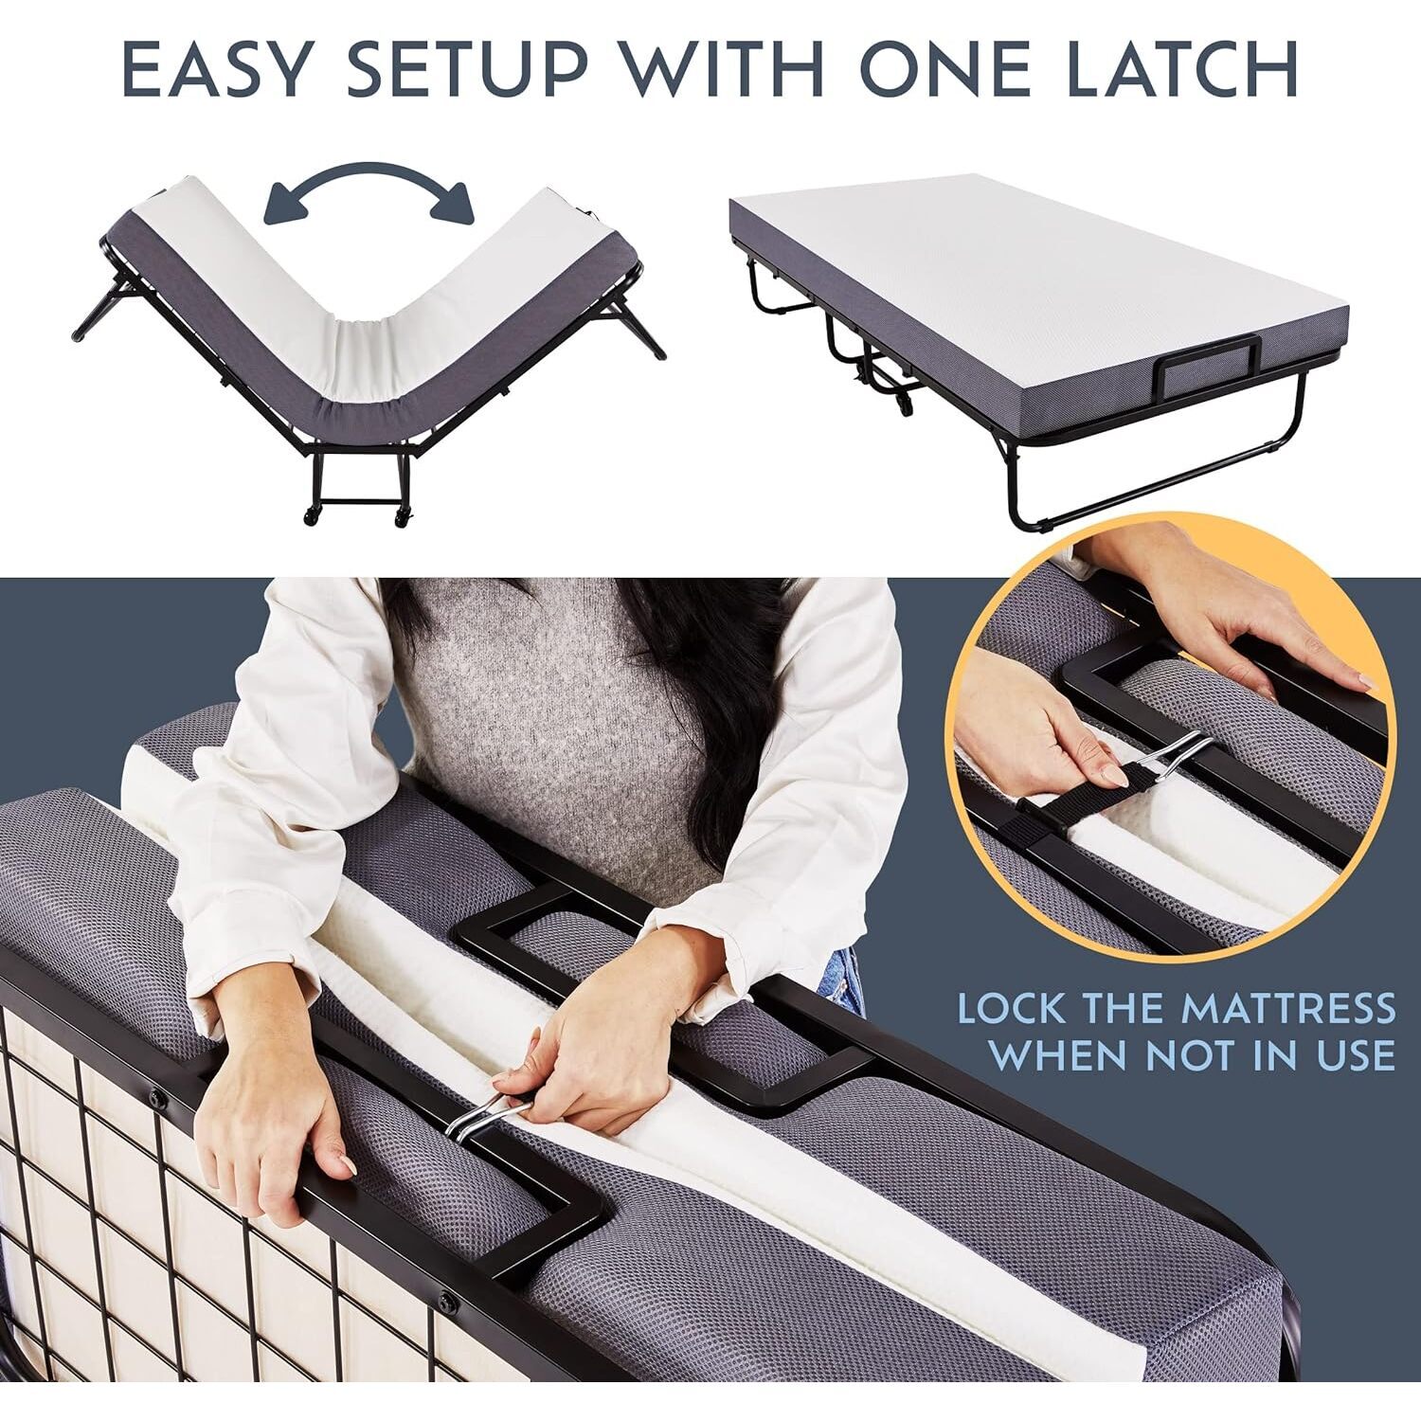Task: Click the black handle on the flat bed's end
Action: [1207, 368]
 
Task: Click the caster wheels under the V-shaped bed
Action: [355, 516]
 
